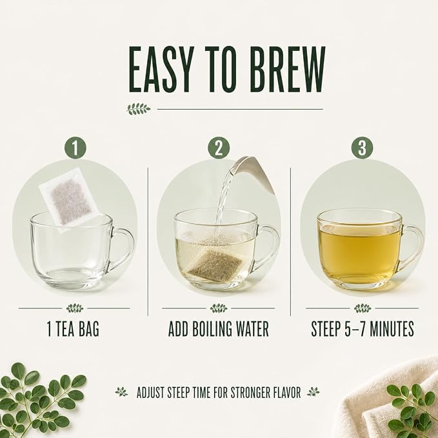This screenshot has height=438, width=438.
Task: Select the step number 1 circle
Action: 75,148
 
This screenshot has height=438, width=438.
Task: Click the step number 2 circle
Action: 219,148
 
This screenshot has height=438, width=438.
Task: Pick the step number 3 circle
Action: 362,148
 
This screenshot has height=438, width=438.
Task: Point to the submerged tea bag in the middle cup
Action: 215,263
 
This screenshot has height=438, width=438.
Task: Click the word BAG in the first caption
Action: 89,329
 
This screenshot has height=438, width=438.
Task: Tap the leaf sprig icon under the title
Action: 139,109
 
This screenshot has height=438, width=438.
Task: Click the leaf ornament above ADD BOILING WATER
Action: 219,308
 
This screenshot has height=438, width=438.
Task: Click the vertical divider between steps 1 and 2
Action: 148,242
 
